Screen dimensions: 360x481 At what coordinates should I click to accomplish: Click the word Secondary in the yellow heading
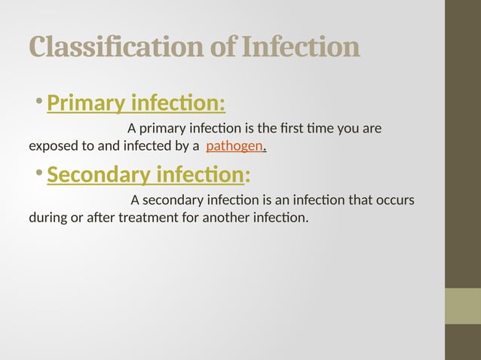click(97, 175)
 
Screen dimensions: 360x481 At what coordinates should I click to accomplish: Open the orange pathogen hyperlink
click(234, 145)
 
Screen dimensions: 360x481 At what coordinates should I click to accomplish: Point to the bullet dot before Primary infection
click(38, 102)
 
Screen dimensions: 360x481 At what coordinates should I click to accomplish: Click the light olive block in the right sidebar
click(462, 306)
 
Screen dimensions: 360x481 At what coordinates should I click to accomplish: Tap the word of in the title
click(224, 47)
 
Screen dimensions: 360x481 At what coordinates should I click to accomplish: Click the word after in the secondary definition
click(101, 218)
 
